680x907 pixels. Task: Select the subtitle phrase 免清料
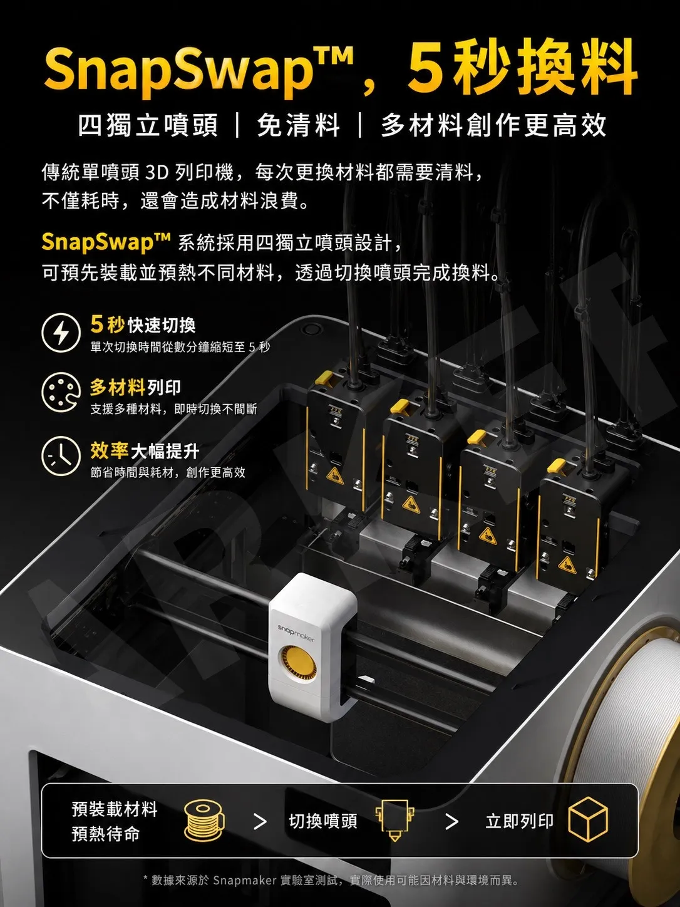point(298,125)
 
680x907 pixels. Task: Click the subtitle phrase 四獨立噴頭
point(148,125)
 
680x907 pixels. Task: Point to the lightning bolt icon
point(61,332)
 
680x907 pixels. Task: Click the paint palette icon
point(61,393)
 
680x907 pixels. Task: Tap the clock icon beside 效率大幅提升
point(61,456)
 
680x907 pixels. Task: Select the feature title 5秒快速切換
point(143,324)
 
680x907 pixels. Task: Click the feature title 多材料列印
point(135,388)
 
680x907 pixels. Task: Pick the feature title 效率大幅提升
point(145,450)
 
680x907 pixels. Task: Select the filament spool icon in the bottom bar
point(203,821)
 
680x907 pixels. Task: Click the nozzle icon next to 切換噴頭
point(394,820)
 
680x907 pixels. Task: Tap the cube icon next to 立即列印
point(588,819)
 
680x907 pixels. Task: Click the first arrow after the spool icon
point(260,821)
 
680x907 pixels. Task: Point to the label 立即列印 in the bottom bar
point(519,821)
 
